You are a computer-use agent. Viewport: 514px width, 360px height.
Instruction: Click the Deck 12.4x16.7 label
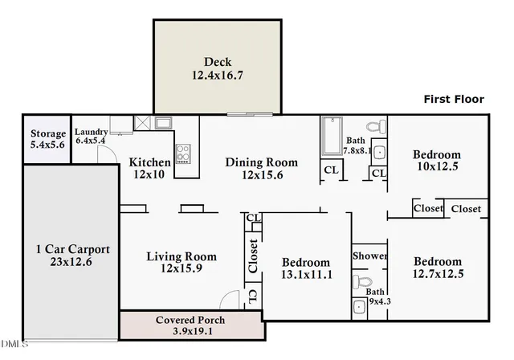pyautogui.click(x=218, y=68)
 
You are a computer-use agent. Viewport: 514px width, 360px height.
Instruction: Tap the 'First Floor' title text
pyautogui.click(x=454, y=99)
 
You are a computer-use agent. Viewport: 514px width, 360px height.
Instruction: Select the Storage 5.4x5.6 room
pyautogui.click(x=47, y=139)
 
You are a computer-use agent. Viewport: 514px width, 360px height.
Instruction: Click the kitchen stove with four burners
pyautogui.click(x=183, y=153)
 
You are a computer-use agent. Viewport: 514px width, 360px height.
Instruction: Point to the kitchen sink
pyautogui.click(x=163, y=123)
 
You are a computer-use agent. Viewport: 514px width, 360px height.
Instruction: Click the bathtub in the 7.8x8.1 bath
pyautogui.click(x=332, y=136)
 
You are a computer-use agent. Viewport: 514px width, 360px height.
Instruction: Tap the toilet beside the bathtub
pyautogui.click(x=377, y=126)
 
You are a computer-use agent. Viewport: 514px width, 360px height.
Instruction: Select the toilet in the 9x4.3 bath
pyautogui.click(x=362, y=281)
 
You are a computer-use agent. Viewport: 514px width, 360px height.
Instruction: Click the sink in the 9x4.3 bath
pyautogui.click(x=359, y=308)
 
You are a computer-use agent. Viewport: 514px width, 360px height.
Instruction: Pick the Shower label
pyautogui.click(x=369, y=256)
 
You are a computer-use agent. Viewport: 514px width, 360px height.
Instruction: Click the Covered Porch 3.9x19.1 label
pyautogui.click(x=190, y=325)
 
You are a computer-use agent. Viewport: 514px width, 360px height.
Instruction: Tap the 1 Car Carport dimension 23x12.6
pyautogui.click(x=71, y=262)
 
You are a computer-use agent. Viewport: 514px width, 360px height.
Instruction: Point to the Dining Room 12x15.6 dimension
pyautogui.click(x=263, y=175)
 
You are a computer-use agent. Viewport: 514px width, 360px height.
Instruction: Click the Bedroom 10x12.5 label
pyautogui.click(x=437, y=161)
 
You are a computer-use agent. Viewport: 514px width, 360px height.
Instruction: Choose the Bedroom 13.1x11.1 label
pyautogui.click(x=307, y=268)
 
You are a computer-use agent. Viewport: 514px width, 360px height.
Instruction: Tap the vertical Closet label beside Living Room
pyautogui.click(x=253, y=256)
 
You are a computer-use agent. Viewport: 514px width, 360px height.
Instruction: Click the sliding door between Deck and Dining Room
pyautogui.click(x=250, y=114)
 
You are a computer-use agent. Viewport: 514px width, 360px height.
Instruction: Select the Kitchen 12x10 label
pyautogui.click(x=149, y=168)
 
